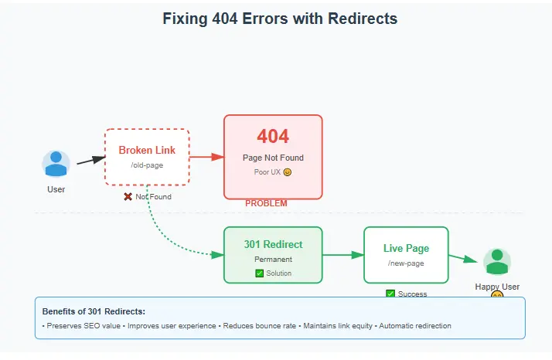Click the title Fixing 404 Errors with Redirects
coord(280,19)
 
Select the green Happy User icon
coord(497,262)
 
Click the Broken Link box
coord(147,157)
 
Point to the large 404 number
coord(273,137)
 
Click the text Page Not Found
coord(273,158)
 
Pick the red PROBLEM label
coord(266,203)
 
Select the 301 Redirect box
coord(273,254)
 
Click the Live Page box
coord(406,254)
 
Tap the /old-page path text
coord(147,165)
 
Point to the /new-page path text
coord(406,263)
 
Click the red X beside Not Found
coord(128,197)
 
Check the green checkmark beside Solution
coord(259,273)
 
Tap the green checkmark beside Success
coord(390,294)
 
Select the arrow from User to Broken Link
coord(90,160)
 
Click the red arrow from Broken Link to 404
coord(206,157)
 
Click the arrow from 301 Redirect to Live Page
coord(343,254)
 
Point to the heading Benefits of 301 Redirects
coord(94,311)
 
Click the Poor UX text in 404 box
coord(268,172)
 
